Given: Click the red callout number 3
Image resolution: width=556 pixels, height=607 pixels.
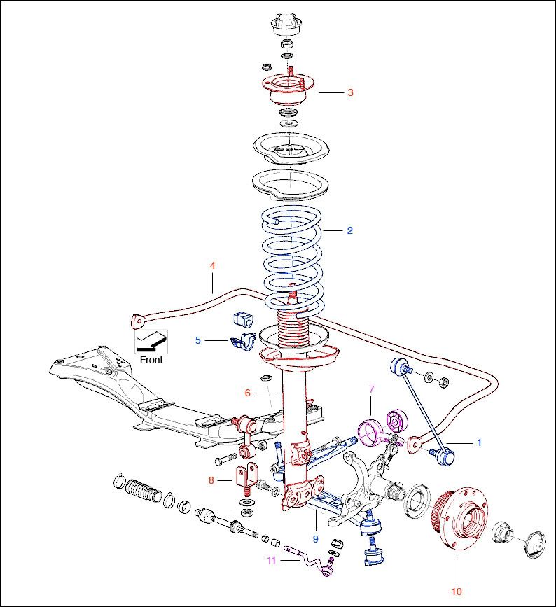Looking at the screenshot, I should point(350,92).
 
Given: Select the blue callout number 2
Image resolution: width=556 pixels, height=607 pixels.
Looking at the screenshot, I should point(349,230).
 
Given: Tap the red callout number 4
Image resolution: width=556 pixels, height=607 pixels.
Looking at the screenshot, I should point(212,265).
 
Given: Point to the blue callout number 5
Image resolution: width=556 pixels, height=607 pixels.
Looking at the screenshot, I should point(198,340).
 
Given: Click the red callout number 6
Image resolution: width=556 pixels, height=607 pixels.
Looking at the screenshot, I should point(247,393).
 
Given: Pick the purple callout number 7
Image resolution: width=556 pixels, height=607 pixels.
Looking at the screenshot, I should point(372,389).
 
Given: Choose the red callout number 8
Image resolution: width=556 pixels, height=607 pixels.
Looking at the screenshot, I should point(211,480).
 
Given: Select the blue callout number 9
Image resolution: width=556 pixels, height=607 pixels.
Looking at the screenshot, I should point(315,539).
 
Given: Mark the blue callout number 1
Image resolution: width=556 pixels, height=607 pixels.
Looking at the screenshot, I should point(479,442).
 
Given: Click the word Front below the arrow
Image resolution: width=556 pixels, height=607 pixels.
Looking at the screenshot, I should point(151,360).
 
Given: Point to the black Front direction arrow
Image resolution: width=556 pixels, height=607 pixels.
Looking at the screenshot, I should point(152,342).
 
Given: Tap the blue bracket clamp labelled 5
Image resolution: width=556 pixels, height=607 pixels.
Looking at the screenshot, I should point(243,342).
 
